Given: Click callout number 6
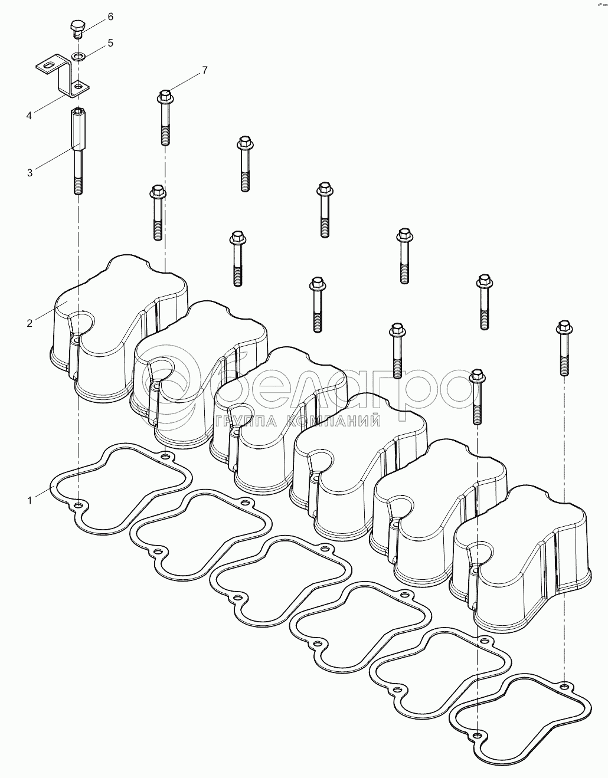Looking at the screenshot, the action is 110,17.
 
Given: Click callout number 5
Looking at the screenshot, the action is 110,43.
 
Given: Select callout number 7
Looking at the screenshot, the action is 204,70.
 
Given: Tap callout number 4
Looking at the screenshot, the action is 29,116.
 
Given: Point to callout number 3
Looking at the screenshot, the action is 30,172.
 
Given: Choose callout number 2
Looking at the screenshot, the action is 29,323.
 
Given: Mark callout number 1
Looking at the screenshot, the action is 29,500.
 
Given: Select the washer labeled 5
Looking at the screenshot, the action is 78,56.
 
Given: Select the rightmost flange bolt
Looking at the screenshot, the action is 563,348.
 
